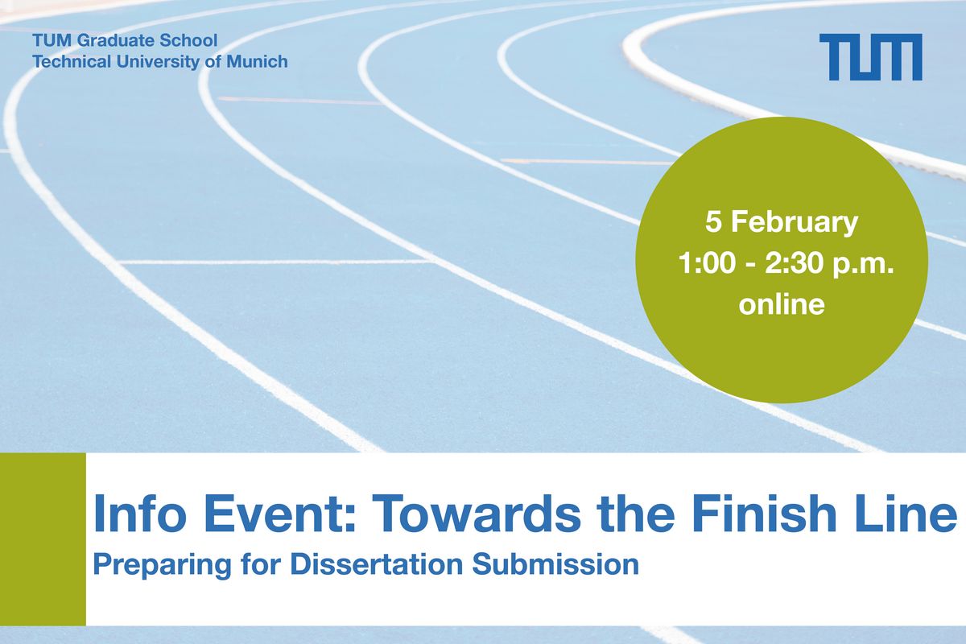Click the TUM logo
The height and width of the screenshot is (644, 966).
tap(870, 57)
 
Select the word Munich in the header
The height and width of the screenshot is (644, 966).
tap(256, 61)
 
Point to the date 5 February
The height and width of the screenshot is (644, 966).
tap(781, 222)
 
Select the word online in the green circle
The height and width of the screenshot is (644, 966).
tap(782, 306)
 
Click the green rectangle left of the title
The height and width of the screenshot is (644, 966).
tap(43, 539)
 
